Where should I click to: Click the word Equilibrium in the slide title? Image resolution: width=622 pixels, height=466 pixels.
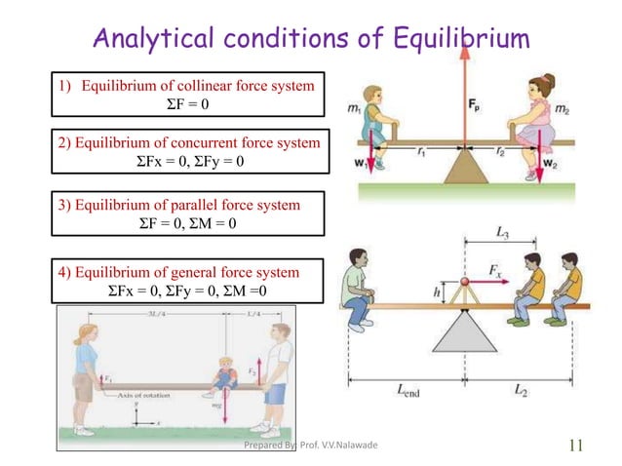pyautogui.click(x=452, y=39)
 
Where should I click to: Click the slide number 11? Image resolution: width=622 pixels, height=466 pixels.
pyautogui.click(x=574, y=446)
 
